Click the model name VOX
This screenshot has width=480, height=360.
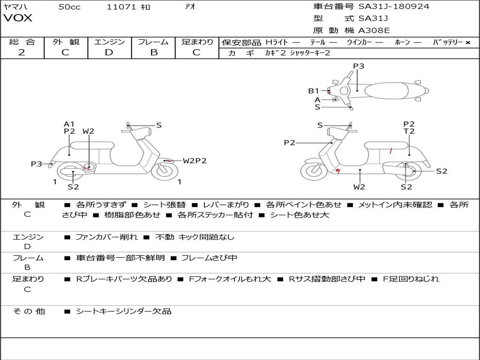pyautogui.click(x=18, y=18)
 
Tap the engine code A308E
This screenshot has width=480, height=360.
pyautogui.click(x=374, y=30)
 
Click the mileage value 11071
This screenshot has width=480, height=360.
pyautogui.click(x=121, y=7)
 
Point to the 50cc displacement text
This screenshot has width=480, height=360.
pyautogui.click(x=69, y=7)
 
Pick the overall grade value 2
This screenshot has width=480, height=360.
pyautogui.click(x=22, y=52)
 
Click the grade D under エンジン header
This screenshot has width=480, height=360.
pyautogui.click(x=109, y=52)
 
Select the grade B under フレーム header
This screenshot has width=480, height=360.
pyautogui.click(x=153, y=52)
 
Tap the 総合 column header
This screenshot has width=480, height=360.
pyautogui.click(x=22, y=42)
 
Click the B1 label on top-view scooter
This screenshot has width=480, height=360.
pyautogui.click(x=313, y=91)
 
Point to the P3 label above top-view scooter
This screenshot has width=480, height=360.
pyautogui.click(x=359, y=66)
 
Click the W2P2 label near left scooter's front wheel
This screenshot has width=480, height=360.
pyautogui.click(x=195, y=161)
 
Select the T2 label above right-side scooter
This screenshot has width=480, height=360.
pyautogui.click(x=409, y=132)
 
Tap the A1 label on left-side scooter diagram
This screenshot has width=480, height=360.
pyautogui.click(x=69, y=124)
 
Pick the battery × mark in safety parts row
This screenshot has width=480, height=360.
pyautogui.click(x=467, y=42)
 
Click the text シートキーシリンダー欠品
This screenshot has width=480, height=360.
pyautogui.click(x=124, y=311)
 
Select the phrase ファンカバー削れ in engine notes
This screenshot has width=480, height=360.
pyautogui.click(x=106, y=237)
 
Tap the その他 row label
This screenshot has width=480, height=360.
pyautogui.click(x=29, y=311)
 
